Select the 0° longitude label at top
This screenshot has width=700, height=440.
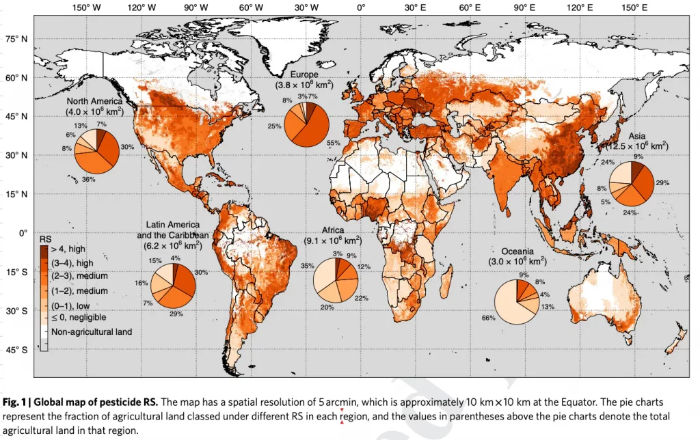click(x=361, y=8)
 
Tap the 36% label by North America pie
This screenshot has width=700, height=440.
click(x=88, y=180)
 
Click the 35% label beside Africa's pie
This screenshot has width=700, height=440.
click(x=307, y=266)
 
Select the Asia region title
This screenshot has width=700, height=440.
click(x=637, y=136)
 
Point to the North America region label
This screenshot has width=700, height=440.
click(x=94, y=101)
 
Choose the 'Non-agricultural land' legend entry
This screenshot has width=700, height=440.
click(x=92, y=331)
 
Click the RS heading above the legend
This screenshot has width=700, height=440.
click(x=46, y=240)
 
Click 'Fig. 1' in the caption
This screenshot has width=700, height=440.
click(x=14, y=401)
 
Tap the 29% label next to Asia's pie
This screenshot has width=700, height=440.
click(x=662, y=183)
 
